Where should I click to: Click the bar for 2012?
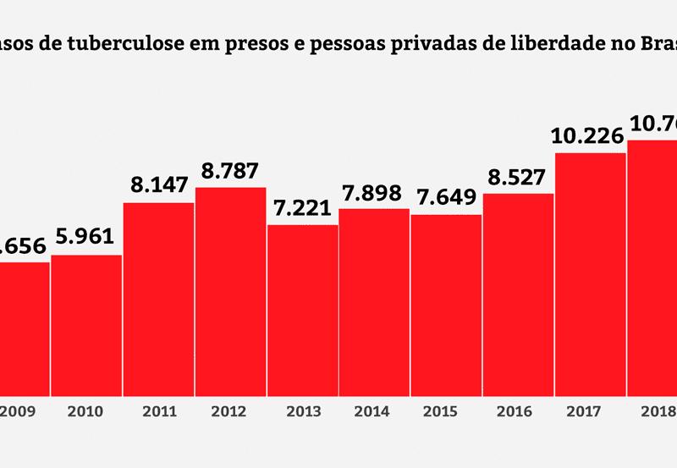pyautogui.click(x=230, y=291)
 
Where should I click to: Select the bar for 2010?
pyautogui.click(x=86, y=325)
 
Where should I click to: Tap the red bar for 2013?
pyautogui.click(x=303, y=310)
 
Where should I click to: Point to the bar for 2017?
pyautogui.click(x=591, y=274)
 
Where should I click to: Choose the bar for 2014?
pyautogui.click(x=375, y=302)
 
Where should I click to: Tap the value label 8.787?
pyautogui.click(x=230, y=171)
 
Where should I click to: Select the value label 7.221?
pyautogui.click(x=303, y=208)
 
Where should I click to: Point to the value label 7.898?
pyautogui.click(x=375, y=193)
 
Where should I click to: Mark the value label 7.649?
pyautogui.click(x=447, y=198)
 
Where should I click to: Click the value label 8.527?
pyautogui.click(x=519, y=177)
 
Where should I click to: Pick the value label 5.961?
pyautogui.click(x=86, y=239)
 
